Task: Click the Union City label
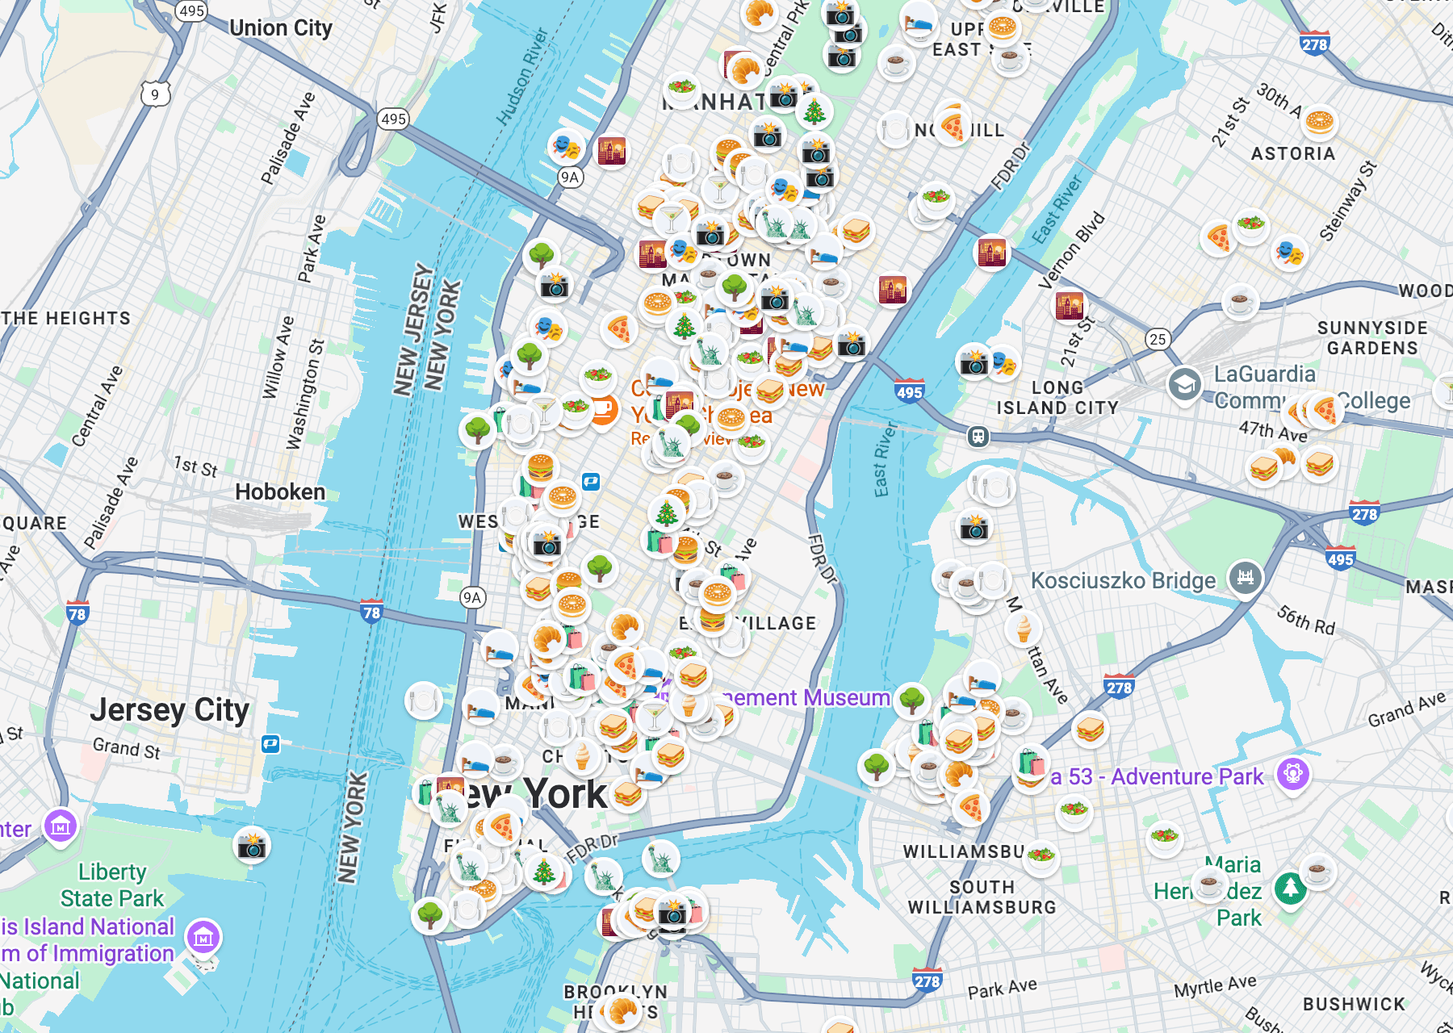280,28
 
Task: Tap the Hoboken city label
280,491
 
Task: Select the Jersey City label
170,710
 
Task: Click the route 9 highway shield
155,94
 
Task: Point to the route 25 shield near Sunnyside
1158,339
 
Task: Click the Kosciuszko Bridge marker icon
1245,578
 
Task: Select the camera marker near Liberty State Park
252,846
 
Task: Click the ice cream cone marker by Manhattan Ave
1024,628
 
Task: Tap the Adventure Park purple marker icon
1292,774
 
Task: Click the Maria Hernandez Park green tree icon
1290,888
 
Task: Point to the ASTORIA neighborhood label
1292,153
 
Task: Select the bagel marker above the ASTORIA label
1319,123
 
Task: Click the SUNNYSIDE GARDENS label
1371,338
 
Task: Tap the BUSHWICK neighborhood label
1354,1004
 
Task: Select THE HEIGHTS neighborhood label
66,318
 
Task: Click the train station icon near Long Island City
978,437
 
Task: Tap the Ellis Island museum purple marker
203,937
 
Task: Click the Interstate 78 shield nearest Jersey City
77,613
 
